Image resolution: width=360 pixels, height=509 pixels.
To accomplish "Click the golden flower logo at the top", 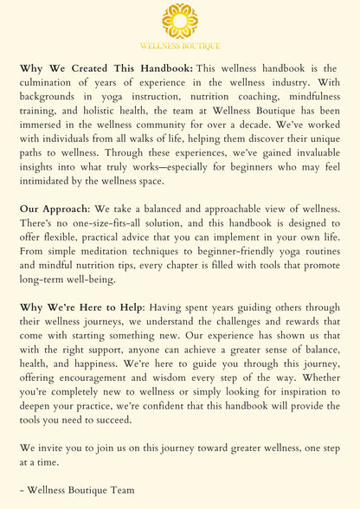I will point(180,20).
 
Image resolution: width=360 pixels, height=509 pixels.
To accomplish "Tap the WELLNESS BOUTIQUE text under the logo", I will point(180,45).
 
